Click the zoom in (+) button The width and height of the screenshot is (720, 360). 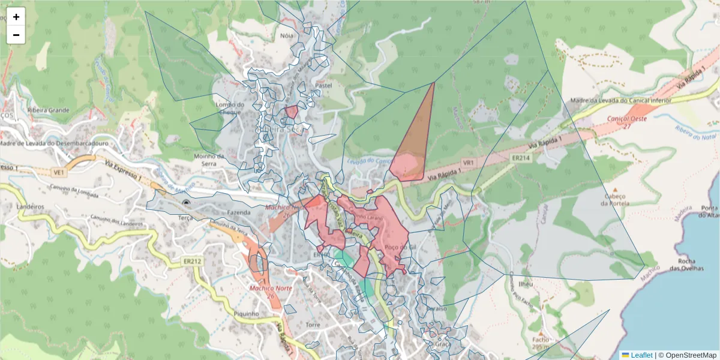point(16,17)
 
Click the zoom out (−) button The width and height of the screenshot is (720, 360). point(16,35)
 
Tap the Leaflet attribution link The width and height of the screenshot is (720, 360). point(641,355)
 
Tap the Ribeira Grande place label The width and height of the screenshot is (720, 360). point(49,110)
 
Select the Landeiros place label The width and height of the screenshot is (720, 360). point(31,206)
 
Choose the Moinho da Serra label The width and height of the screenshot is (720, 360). point(209,160)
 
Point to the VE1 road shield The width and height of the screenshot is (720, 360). point(58,172)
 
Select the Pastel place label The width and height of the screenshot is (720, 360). point(323,86)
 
